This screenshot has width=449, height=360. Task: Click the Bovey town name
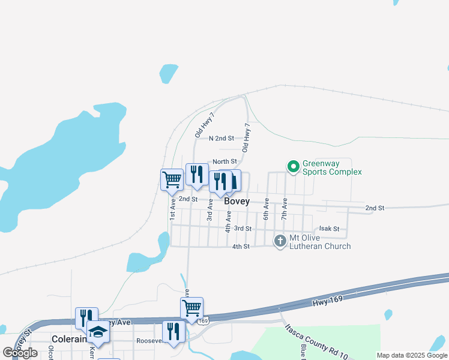tap(237, 202)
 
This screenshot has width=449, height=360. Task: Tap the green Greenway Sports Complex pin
tap(293, 167)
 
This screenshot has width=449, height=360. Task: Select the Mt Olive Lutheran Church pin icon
tap(280, 241)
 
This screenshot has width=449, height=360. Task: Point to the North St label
tap(224, 161)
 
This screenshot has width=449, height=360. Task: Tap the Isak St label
tap(329, 229)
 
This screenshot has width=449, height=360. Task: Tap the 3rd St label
tap(243, 229)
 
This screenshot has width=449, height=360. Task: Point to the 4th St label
tap(241, 247)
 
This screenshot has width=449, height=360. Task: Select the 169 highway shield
tap(203, 322)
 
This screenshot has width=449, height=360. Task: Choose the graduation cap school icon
tap(98, 331)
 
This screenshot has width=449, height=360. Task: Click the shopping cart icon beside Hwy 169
tap(192, 308)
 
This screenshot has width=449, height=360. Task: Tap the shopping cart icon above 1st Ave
tap(172, 179)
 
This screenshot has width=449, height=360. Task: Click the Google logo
tap(20, 353)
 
